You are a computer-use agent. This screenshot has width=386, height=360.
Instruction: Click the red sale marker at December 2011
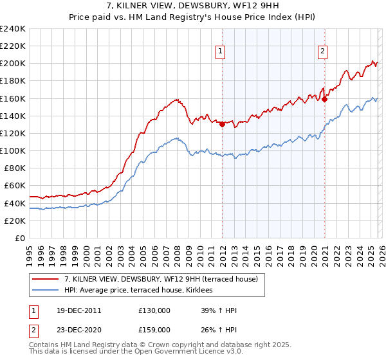point(222,124)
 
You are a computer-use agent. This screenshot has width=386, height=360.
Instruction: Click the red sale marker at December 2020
point(325,99)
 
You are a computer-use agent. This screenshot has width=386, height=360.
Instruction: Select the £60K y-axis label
point(14,186)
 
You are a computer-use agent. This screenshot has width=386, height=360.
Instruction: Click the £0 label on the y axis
point(19,238)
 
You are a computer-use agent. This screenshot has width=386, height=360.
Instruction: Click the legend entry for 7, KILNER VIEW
point(161,279)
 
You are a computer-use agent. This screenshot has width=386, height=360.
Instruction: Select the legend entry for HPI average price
point(142,291)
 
